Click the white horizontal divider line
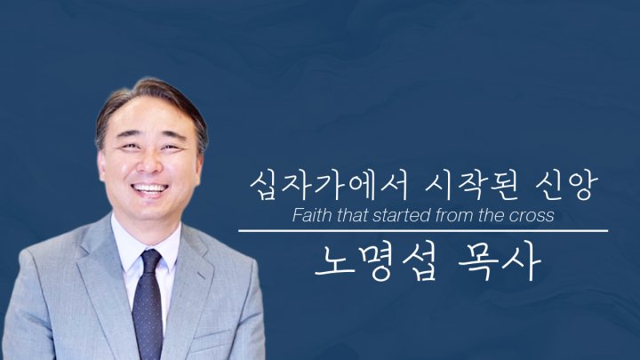click(x=423, y=231)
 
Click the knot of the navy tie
click(x=150, y=261)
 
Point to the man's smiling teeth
click(x=149, y=188)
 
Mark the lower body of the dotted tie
click(x=148, y=318)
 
